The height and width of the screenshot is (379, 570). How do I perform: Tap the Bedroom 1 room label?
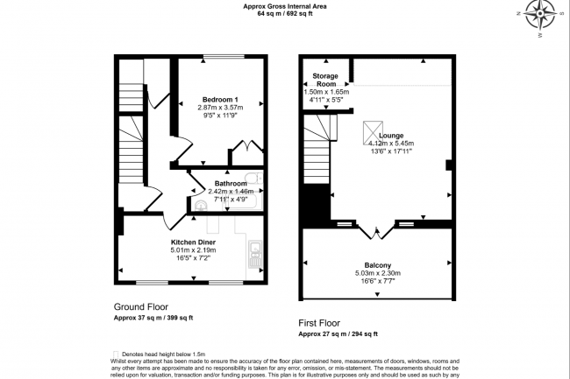(x=219, y=98)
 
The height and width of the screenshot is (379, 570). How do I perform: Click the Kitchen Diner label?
(x=195, y=240)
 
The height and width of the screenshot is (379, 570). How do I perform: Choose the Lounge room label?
(x=391, y=136)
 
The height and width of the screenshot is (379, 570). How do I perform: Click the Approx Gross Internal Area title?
(x=285, y=5)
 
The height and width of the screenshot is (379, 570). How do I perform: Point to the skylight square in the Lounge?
(x=374, y=132)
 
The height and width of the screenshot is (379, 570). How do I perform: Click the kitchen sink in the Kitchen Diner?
(x=255, y=255)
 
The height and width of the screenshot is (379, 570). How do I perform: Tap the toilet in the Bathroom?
(x=201, y=206)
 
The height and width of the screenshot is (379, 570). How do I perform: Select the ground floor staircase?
(x=130, y=105)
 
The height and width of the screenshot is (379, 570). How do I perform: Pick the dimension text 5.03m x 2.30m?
(x=377, y=274)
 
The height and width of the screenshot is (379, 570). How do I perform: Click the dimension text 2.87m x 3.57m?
(x=219, y=107)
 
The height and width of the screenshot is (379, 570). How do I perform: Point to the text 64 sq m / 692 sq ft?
(x=285, y=13)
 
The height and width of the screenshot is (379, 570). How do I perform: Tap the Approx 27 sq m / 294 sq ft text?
(x=338, y=334)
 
